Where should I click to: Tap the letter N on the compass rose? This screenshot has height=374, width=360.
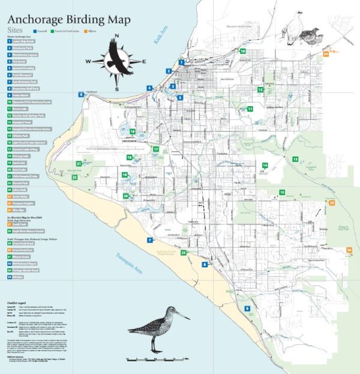[117, 35]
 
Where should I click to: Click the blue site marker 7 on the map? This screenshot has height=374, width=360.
[149, 240]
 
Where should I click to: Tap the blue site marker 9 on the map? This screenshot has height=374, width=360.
[247, 308]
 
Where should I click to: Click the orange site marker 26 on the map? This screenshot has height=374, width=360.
[349, 249]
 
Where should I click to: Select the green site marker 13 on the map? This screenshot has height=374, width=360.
[295, 158]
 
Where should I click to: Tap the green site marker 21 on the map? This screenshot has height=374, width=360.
[79, 163]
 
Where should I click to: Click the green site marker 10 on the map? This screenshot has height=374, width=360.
[242, 52]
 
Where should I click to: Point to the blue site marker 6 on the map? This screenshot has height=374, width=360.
[81, 94]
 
